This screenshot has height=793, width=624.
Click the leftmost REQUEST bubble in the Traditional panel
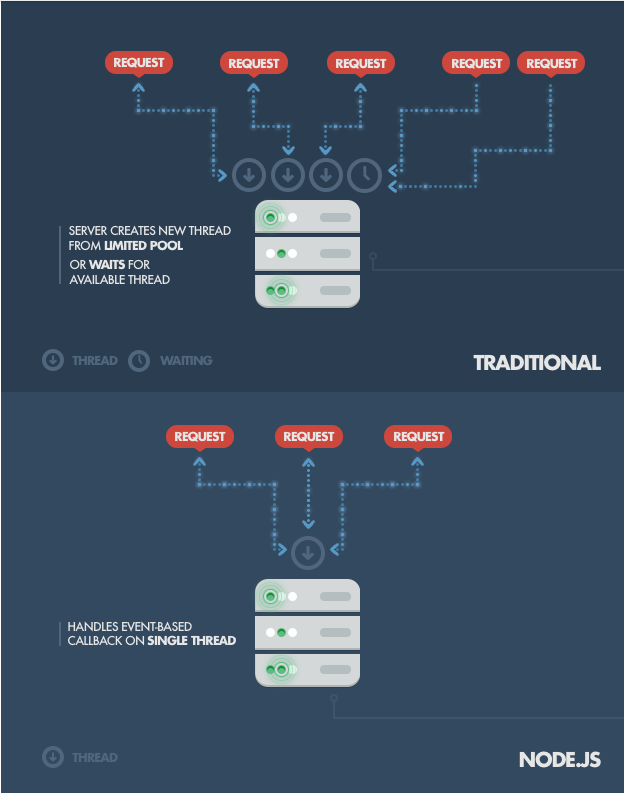tap(139, 63)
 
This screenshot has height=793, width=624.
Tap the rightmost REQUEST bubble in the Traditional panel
tap(551, 63)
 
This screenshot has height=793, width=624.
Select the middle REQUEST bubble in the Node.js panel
tap(308, 436)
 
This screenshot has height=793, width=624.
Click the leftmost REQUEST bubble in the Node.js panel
tap(200, 436)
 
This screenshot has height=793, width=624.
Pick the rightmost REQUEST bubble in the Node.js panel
tap(418, 436)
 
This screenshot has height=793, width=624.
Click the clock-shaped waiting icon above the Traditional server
tap(364, 175)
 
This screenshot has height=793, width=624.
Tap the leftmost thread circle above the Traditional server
tap(249, 175)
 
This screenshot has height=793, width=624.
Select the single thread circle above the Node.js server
tap(308, 553)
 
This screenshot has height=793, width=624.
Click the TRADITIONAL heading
tap(537, 363)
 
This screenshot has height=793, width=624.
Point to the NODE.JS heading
tap(560, 760)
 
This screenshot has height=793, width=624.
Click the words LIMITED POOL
tap(144, 246)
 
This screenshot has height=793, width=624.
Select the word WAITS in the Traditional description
tap(107, 265)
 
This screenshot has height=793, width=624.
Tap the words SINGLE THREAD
tap(192, 641)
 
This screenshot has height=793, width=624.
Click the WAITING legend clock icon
tap(139, 361)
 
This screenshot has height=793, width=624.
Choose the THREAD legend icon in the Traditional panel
tap(53, 361)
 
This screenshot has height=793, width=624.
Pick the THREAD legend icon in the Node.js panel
tap(53, 757)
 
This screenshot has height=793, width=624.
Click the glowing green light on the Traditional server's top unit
tap(271, 217)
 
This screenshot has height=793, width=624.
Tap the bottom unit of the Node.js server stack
tap(307, 670)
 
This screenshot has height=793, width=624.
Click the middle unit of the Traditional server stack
tap(307, 253)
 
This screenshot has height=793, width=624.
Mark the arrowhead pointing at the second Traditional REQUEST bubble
tap(253, 87)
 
